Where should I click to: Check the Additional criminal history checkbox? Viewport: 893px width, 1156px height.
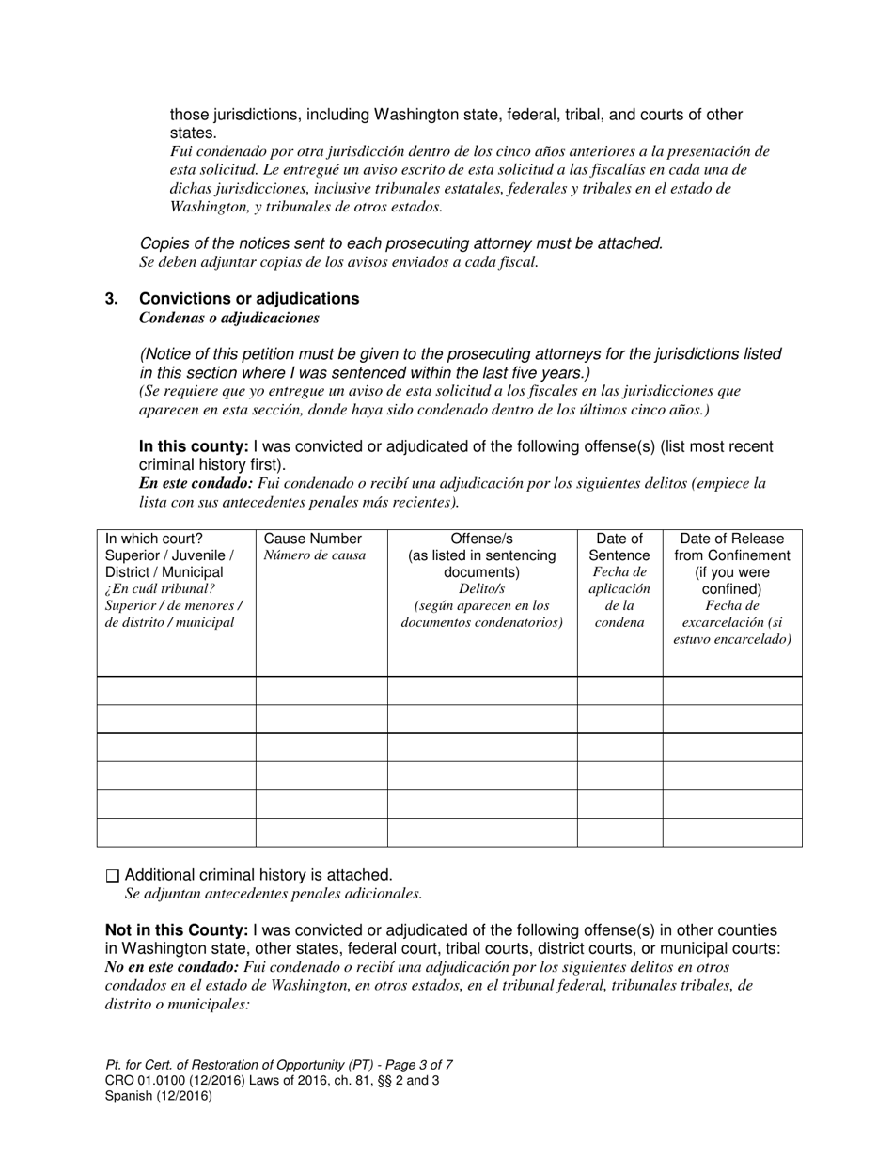(113, 876)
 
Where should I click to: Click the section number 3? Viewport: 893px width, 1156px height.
(112, 299)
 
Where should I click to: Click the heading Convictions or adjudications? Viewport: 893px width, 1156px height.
(249, 299)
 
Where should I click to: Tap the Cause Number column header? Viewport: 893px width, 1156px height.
(312, 539)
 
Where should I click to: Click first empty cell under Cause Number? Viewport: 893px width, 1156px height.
(321, 663)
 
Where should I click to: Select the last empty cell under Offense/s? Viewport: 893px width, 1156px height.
(482, 833)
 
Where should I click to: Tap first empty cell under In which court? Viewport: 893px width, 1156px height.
(176, 663)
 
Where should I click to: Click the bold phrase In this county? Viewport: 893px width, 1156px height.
(194, 447)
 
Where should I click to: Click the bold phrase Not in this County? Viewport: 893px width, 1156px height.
(176, 930)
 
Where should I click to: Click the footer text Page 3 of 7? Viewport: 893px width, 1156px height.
(413, 1065)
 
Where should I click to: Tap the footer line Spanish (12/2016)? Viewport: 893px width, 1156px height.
(158, 1095)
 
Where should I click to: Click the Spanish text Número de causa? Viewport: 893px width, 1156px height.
(314, 556)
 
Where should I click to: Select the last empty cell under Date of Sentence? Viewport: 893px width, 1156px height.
(619, 833)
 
